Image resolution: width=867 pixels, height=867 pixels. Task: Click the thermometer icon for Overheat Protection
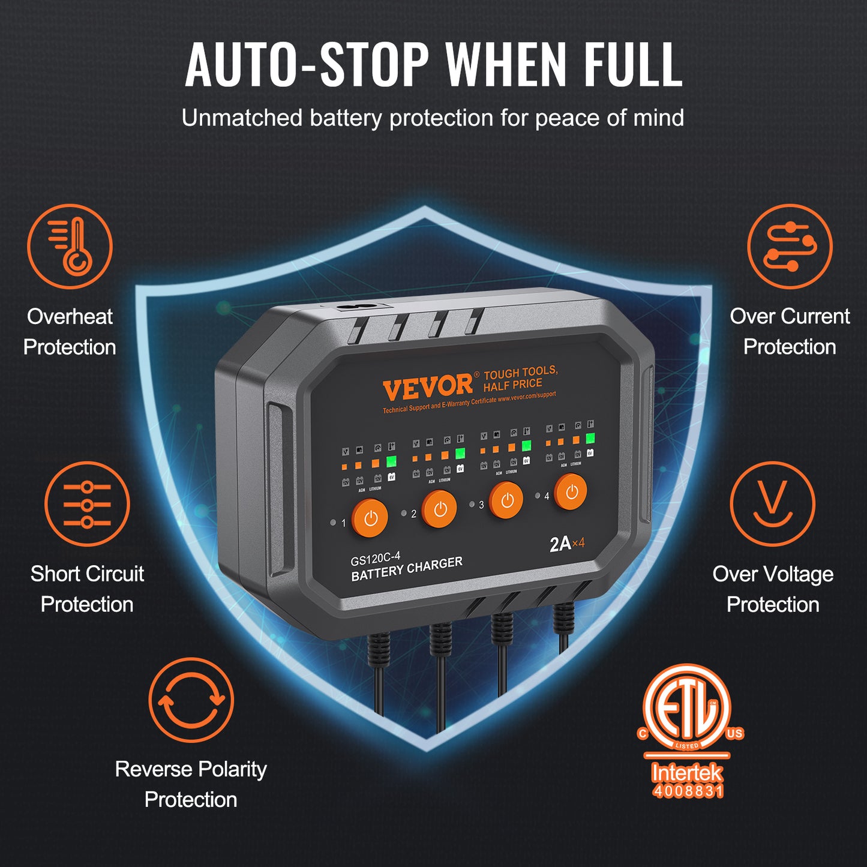70,247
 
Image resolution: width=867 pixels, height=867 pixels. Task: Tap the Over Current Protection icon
790,247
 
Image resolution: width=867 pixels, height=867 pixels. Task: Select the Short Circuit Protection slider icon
87,504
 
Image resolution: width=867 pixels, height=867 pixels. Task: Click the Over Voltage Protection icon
772,504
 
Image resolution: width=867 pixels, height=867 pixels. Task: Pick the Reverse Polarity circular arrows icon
191,700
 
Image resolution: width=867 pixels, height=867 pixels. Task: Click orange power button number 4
571,493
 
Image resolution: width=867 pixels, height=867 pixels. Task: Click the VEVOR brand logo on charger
428,387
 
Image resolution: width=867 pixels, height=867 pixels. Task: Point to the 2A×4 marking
566,544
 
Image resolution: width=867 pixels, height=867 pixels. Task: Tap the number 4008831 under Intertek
688,791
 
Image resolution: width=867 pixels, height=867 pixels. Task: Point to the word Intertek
688,772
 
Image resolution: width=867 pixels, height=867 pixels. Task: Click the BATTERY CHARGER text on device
407,569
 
